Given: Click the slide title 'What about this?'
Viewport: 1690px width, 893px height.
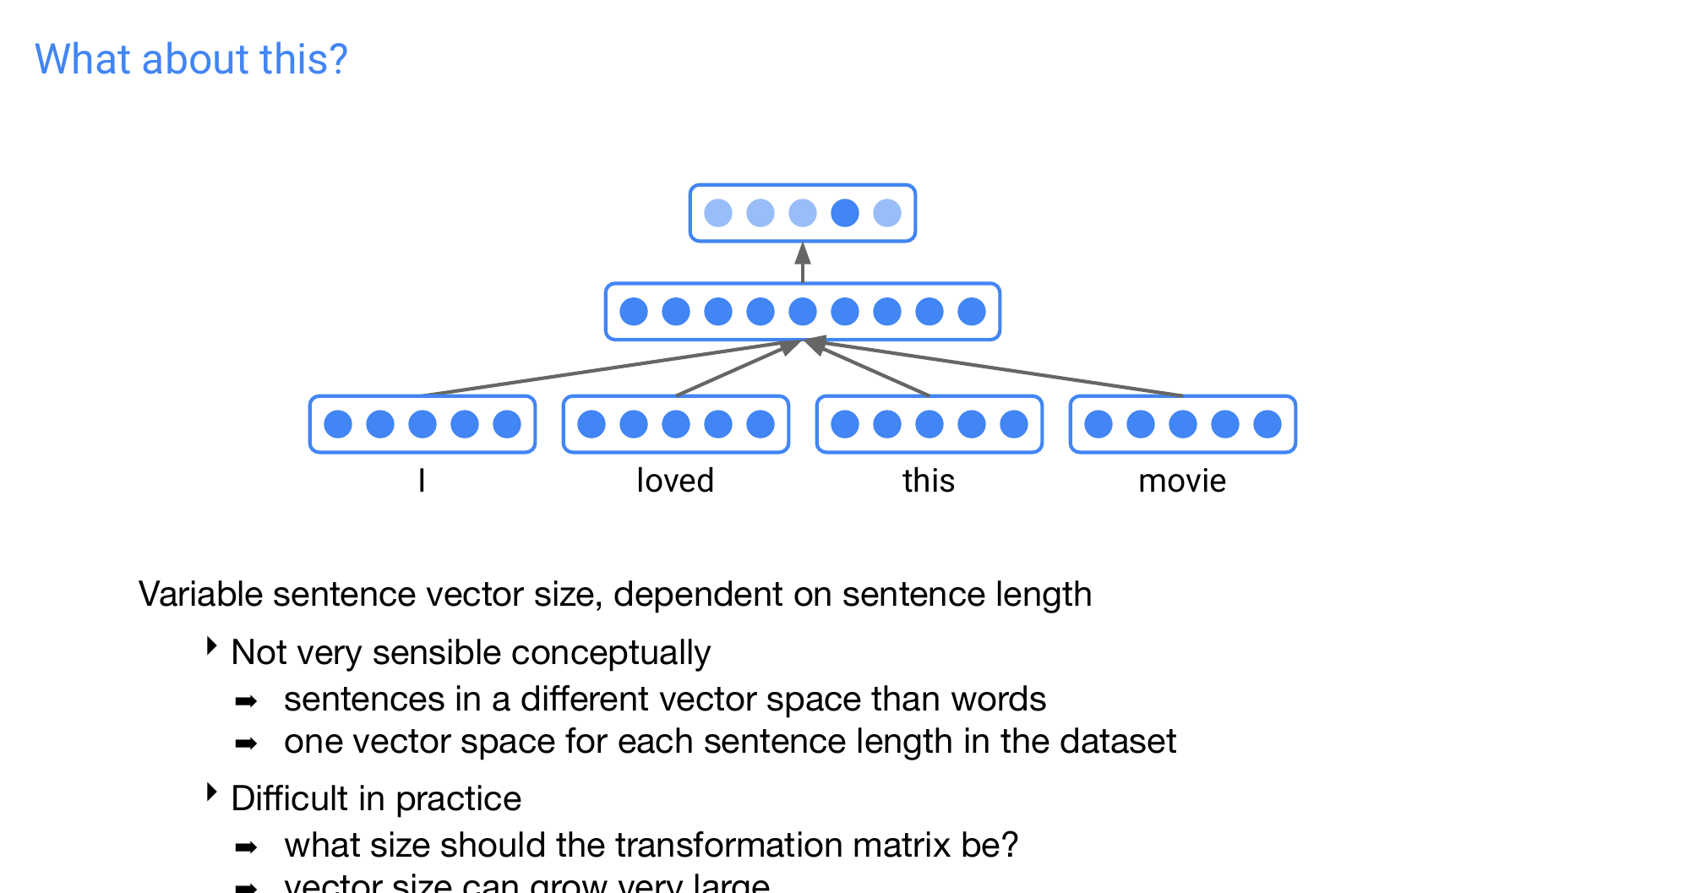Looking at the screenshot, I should click(x=191, y=59).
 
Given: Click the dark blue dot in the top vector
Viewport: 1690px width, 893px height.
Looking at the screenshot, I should click(x=844, y=213).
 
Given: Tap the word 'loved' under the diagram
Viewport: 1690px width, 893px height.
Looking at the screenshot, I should click(x=675, y=481).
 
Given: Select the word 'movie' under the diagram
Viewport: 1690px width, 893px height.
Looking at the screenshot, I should click(x=1181, y=481).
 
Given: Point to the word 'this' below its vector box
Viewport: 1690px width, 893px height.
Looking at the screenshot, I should click(x=928, y=481).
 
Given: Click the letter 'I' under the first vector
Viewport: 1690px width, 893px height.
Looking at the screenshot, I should click(x=422, y=481).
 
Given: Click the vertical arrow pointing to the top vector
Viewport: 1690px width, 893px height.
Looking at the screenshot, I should click(x=803, y=263).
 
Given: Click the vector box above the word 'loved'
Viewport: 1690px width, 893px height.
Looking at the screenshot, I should click(x=676, y=424).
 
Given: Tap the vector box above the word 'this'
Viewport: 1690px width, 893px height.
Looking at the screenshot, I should click(x=929, y=424).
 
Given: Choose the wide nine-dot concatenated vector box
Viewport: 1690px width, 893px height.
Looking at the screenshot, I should click(x=803, y=312).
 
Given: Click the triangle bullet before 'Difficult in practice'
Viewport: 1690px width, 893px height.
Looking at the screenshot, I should click(x=212, y=792).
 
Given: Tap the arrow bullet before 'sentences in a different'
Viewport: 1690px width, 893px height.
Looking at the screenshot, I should click(x=246, y=701).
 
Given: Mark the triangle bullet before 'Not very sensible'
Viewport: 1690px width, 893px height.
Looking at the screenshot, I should click(x=212, y=647).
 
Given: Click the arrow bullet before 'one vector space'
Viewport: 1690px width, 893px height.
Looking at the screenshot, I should click(x=246, y=743).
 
